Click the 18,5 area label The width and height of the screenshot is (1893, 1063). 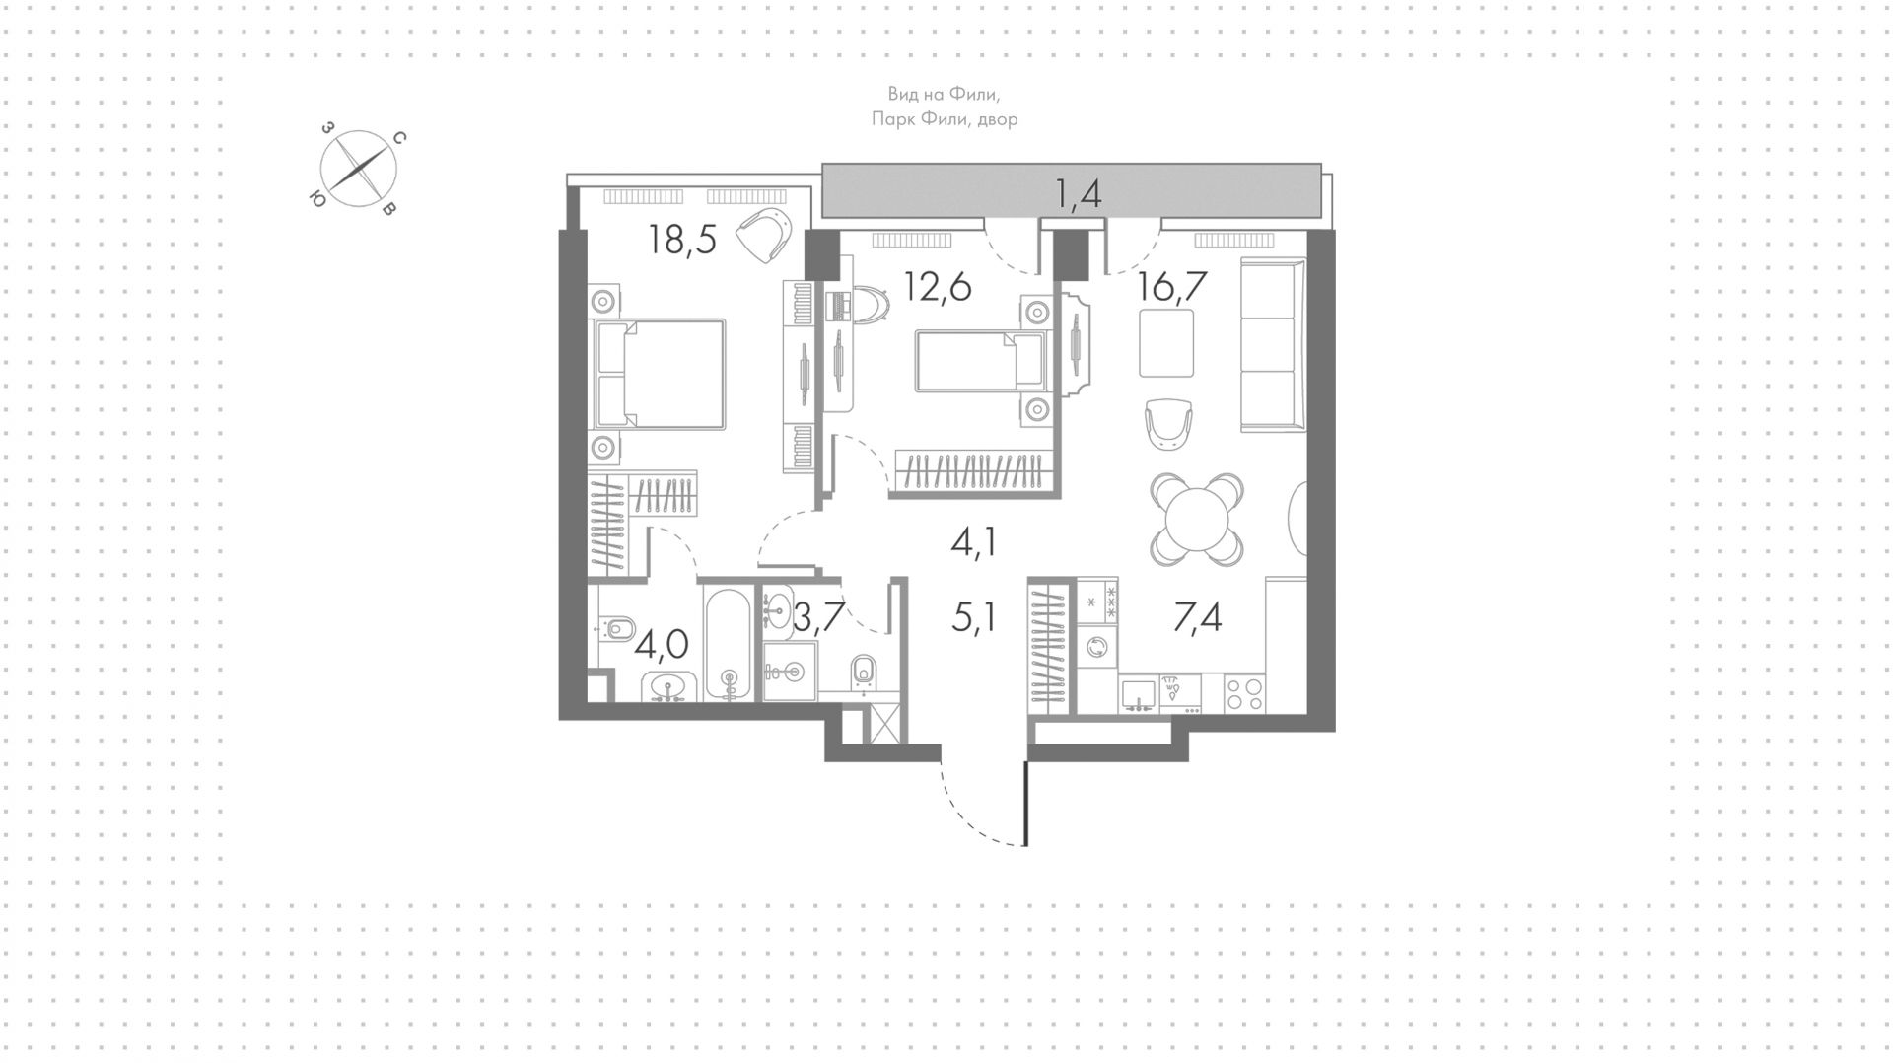pyautogui.click(x=681, y=239)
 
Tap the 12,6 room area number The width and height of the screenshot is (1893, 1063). pyautogui.click(x=938, y=288)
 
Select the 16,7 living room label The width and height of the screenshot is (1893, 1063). pyautogui.click(x=1172, y=288)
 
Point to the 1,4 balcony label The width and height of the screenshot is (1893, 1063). pyautogui.click(x=1078, y=194)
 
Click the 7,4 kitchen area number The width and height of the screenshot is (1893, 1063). pyautogui.click(x=1198, y=618)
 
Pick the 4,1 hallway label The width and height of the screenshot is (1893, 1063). pyautogui.click(x=973, y=542)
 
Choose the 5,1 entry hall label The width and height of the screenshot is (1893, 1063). pyautogui.click(x=973, y=618)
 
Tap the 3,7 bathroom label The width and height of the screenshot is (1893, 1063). pyautogui.click(x=818, y=618)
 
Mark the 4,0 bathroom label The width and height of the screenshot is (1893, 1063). pyautogui.click(x=661, y=646)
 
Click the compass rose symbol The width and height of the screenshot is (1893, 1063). pyautogui.click(x=358, y=170)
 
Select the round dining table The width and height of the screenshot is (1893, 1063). pyautogui.click(x=1197, y=519)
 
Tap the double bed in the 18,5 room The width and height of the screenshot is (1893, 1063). pyautogui.click(x=658, y=374)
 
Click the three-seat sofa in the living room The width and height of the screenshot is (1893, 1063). pyautogui.click(x=1273, y=344)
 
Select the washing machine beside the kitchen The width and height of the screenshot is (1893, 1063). pyautogui.click(x=1097, y=647)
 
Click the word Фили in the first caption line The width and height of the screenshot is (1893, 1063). pyautogui.click(x=974, y=95)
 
